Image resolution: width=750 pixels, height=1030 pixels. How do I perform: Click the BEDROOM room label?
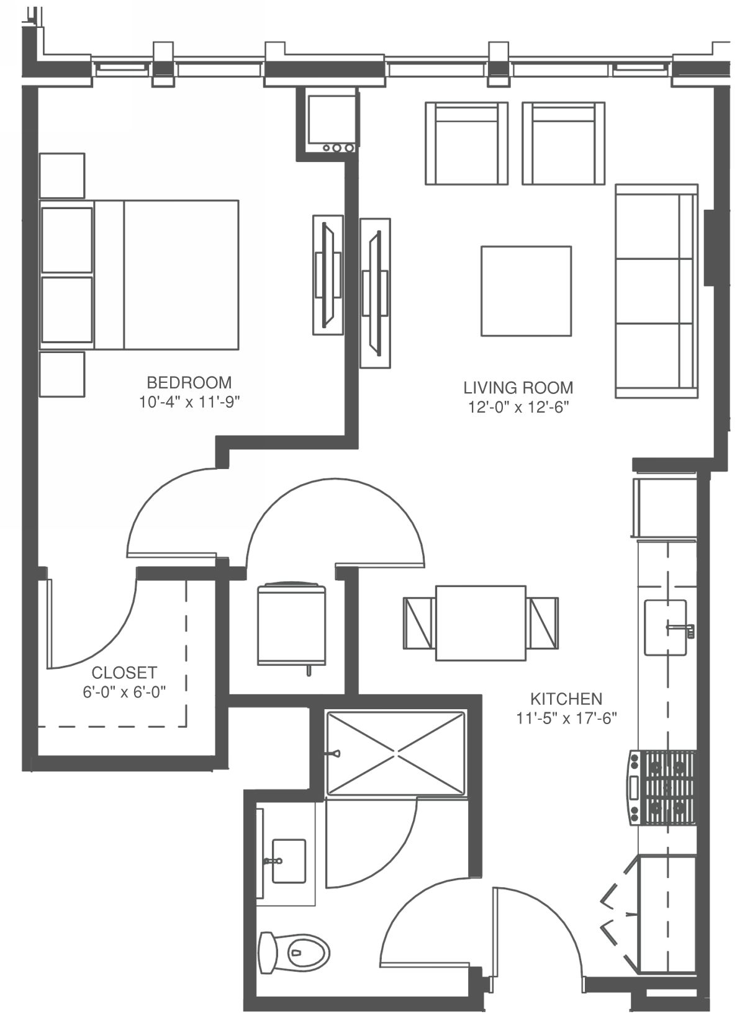pyautogui.click(x=189, y=382)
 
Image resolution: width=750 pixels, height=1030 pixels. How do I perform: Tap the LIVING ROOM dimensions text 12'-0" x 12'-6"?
pyautogui.click(x=518, y=407)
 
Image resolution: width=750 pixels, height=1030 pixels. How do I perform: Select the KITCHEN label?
pyautogui.click(x=566, y=699)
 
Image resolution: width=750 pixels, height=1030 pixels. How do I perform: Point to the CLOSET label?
pyautogui.click(x=124, y=672)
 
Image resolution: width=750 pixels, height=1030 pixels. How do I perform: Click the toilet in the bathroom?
pyautogui.click(x=294, y=952)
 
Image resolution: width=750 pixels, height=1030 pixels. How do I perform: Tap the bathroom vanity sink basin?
pyautogui.click(x=289, y=861)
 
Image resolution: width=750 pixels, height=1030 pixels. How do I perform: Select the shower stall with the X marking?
pyautogui.click(x=395, y=753)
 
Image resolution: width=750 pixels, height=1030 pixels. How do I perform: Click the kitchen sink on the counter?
pyautogui.click(x=665, y=627)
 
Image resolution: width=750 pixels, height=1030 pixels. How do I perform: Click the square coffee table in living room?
pyautogui.click(x=526, y=291)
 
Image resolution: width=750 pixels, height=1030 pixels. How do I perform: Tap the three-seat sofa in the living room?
pyautogui.click(x=656, y=291)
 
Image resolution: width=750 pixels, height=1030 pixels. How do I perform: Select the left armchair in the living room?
pyautogui.click(x=466, y=143)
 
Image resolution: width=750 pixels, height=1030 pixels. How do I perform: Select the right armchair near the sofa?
pyautogui.click(x=563, y=143)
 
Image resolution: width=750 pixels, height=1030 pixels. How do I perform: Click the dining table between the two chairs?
pyautogui.click(x=481, y=623)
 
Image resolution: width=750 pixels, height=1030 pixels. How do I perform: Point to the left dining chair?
pyautogui.click(x=419, y=623)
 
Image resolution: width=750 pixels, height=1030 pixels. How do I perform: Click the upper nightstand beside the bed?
pyautogui.click(x=62, y=176)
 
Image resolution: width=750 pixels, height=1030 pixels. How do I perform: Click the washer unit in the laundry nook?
pyautogui.click(x=291, y=624)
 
